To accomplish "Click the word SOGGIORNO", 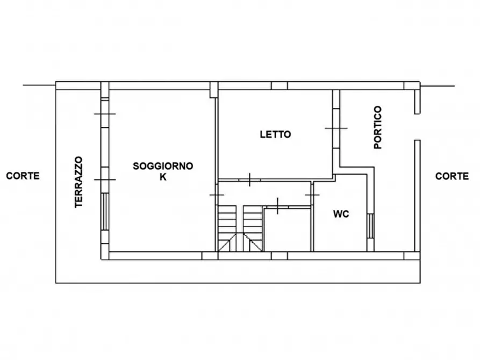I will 163,166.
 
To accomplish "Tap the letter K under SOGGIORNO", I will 163,177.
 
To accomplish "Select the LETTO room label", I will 275,134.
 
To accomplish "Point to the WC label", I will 341,213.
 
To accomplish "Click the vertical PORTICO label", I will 378,127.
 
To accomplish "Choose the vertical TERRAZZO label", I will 78,182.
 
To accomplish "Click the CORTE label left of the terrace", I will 23,176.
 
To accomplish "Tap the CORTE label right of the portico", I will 452,176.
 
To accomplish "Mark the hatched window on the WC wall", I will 370,226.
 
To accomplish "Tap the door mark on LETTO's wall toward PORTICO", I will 336,128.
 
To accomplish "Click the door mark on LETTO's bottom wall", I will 250,179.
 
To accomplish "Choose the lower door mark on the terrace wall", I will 105,179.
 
